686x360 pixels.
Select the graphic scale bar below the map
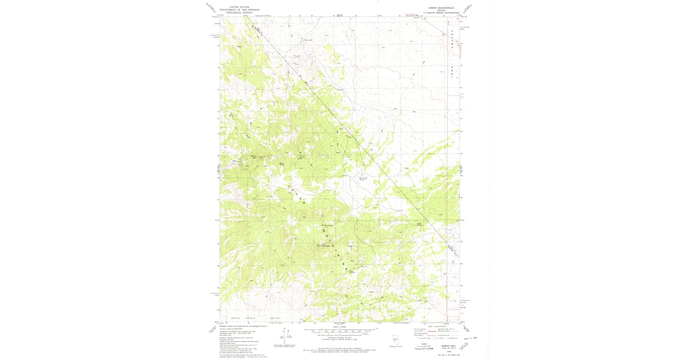click(x=340, y=330)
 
